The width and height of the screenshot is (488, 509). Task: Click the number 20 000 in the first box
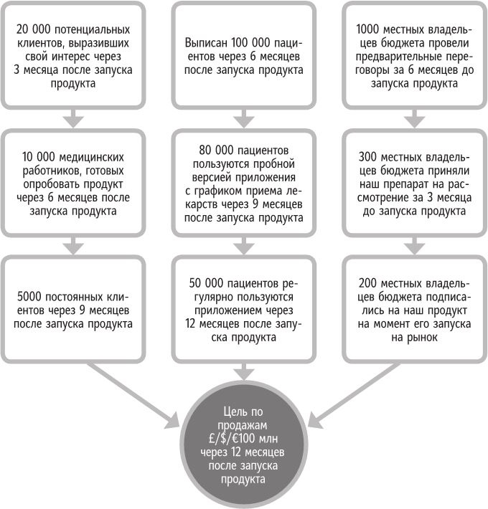(x=34, y=30)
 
